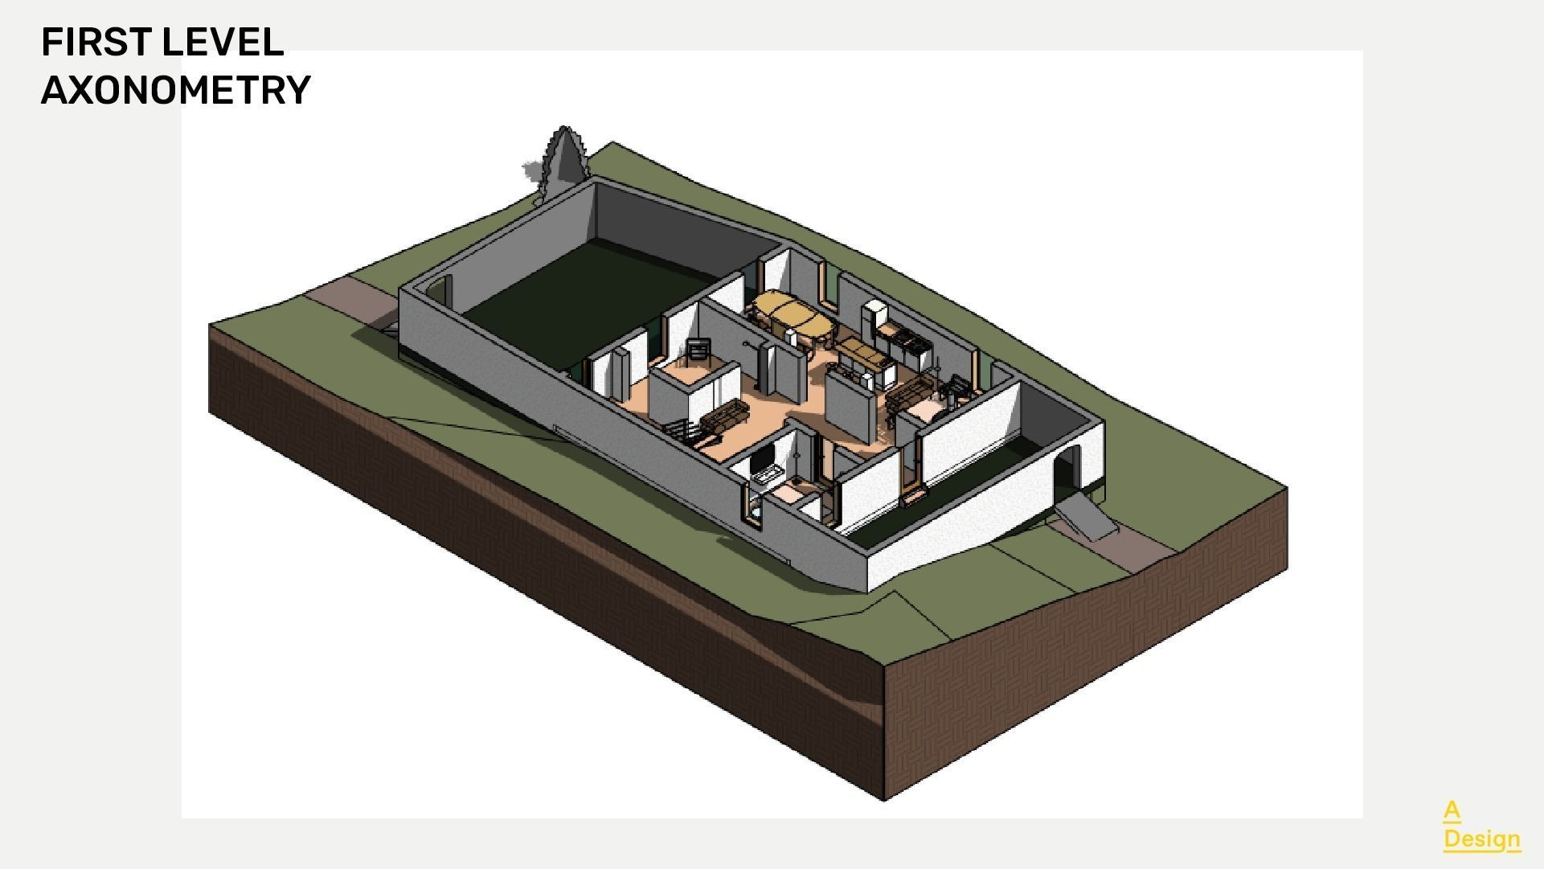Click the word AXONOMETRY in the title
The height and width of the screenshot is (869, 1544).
tap(175, 90)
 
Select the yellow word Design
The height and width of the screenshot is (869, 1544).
tap(1481, 838)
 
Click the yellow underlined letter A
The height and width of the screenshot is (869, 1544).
tap(1451, 810)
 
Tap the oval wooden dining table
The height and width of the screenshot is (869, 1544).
tap(792, 316)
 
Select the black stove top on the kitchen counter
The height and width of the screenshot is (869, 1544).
tap(908, 342)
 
